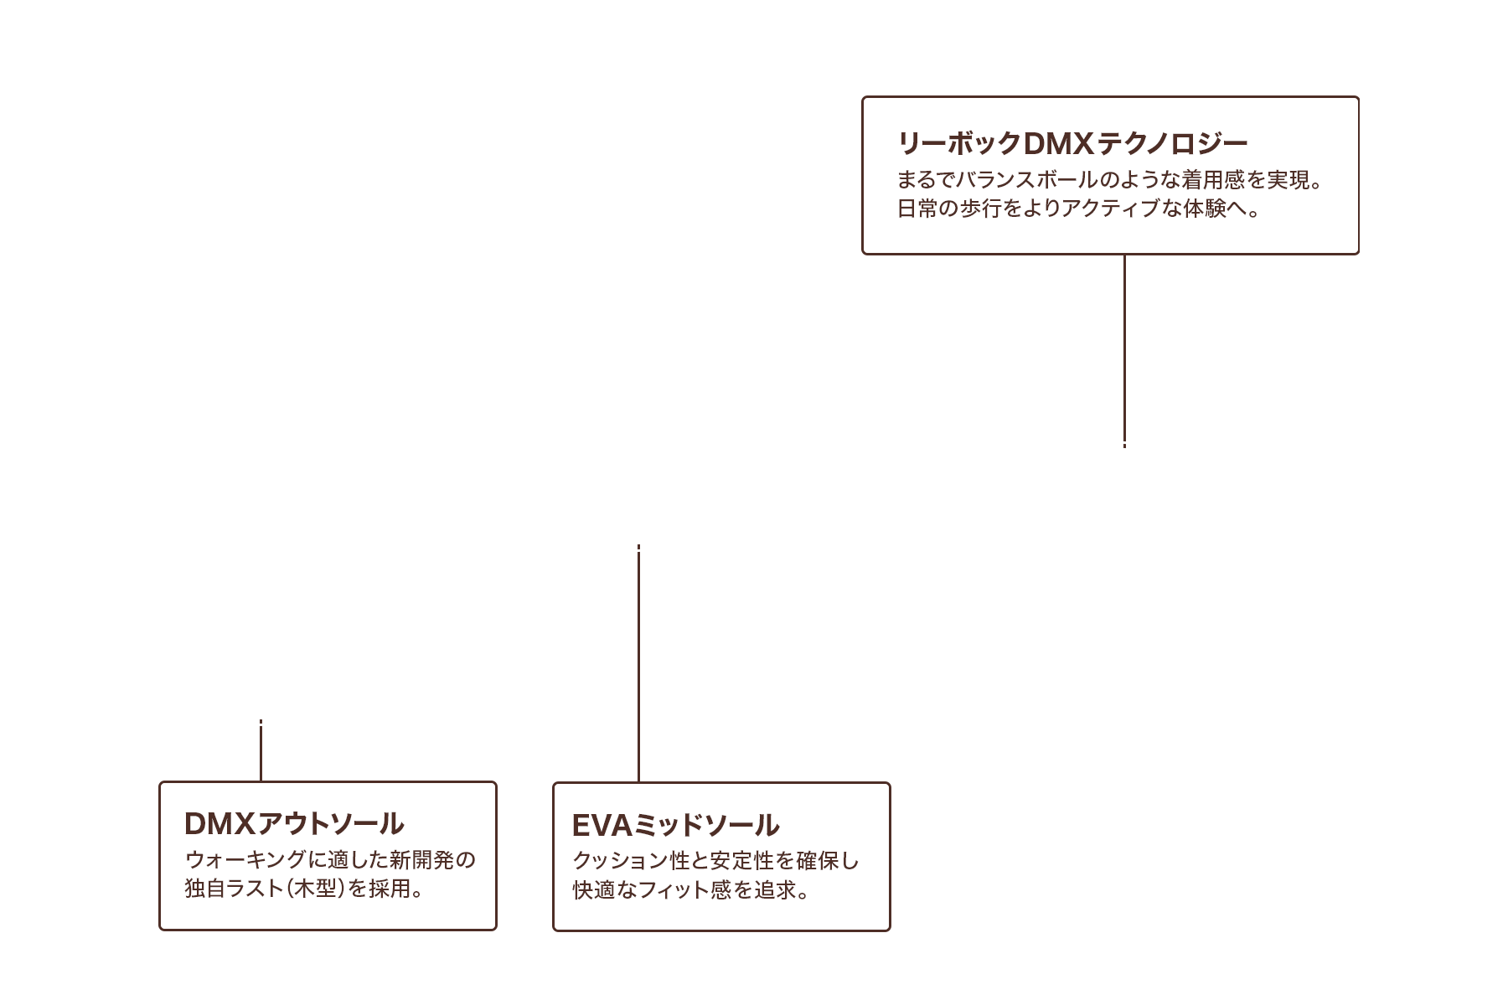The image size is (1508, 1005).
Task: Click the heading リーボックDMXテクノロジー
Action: (1072, 145)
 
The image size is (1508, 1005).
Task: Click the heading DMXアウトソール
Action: (293, 824)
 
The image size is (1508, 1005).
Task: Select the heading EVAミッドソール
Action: (675, 826)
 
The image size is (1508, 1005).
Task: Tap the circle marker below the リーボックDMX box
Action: (1123, 460)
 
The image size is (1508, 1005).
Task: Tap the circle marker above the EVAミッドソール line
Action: (638, 533)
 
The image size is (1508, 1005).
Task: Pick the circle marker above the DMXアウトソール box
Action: (261, 708)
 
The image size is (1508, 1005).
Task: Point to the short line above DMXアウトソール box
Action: (261, 754)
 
